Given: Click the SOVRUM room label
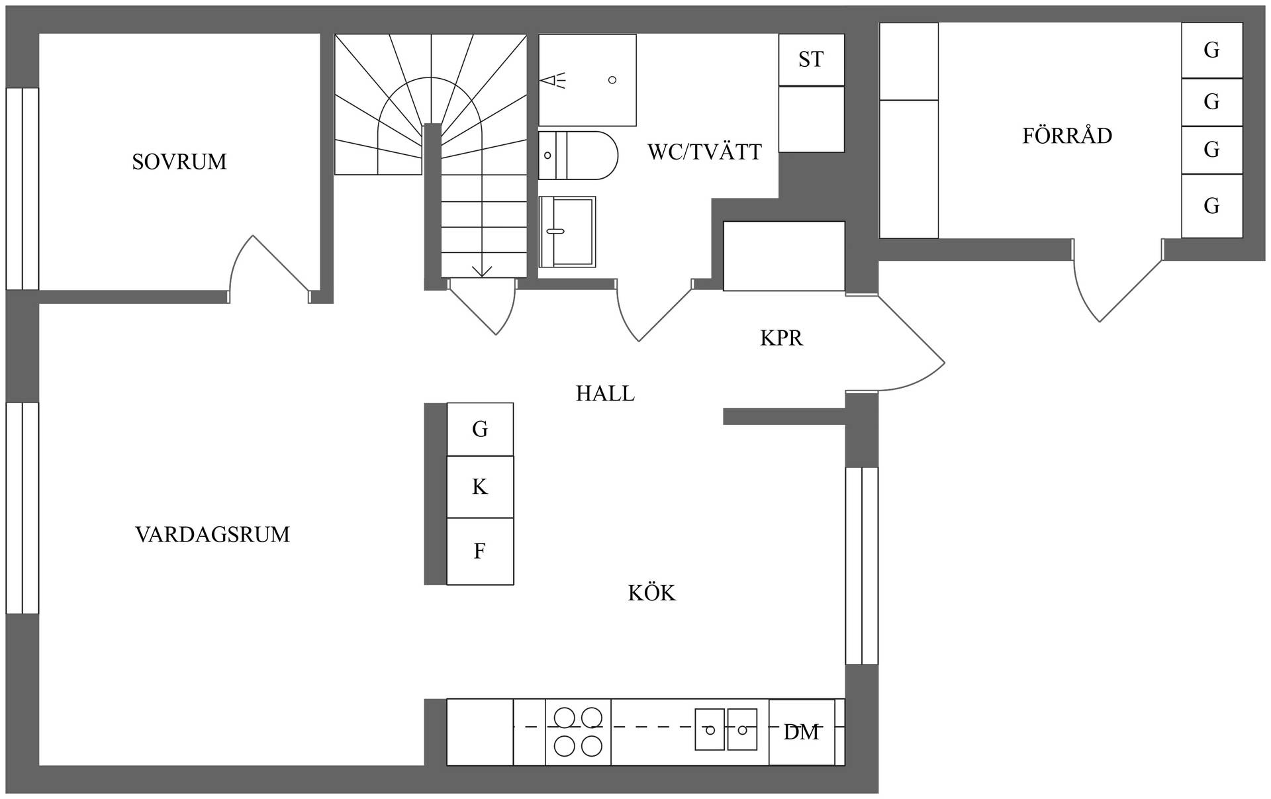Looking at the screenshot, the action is pos(179,162).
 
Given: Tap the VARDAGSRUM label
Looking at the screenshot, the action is pos(212,534).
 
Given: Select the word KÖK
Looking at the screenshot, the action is pos(652,592).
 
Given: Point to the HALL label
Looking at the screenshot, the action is pos(605,393).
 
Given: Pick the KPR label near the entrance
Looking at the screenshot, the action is pos(781,338).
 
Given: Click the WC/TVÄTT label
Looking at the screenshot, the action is pos(704,152).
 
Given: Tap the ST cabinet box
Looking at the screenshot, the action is pos(811,60).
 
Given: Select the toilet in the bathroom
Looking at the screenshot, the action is pos(577,156).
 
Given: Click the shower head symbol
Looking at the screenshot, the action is pos(553,81).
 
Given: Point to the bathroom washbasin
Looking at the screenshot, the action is pos(567,231).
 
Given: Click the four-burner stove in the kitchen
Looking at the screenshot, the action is pos(578,731).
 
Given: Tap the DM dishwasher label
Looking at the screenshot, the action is pos(801,732).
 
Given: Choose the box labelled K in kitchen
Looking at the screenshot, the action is pos(480,487).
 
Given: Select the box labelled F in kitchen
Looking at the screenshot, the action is pos(480,551).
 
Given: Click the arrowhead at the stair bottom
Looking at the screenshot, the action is pos(482,271).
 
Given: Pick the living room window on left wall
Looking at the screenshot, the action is pos(23,508).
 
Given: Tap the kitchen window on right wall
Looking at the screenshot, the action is pos(862,565).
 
